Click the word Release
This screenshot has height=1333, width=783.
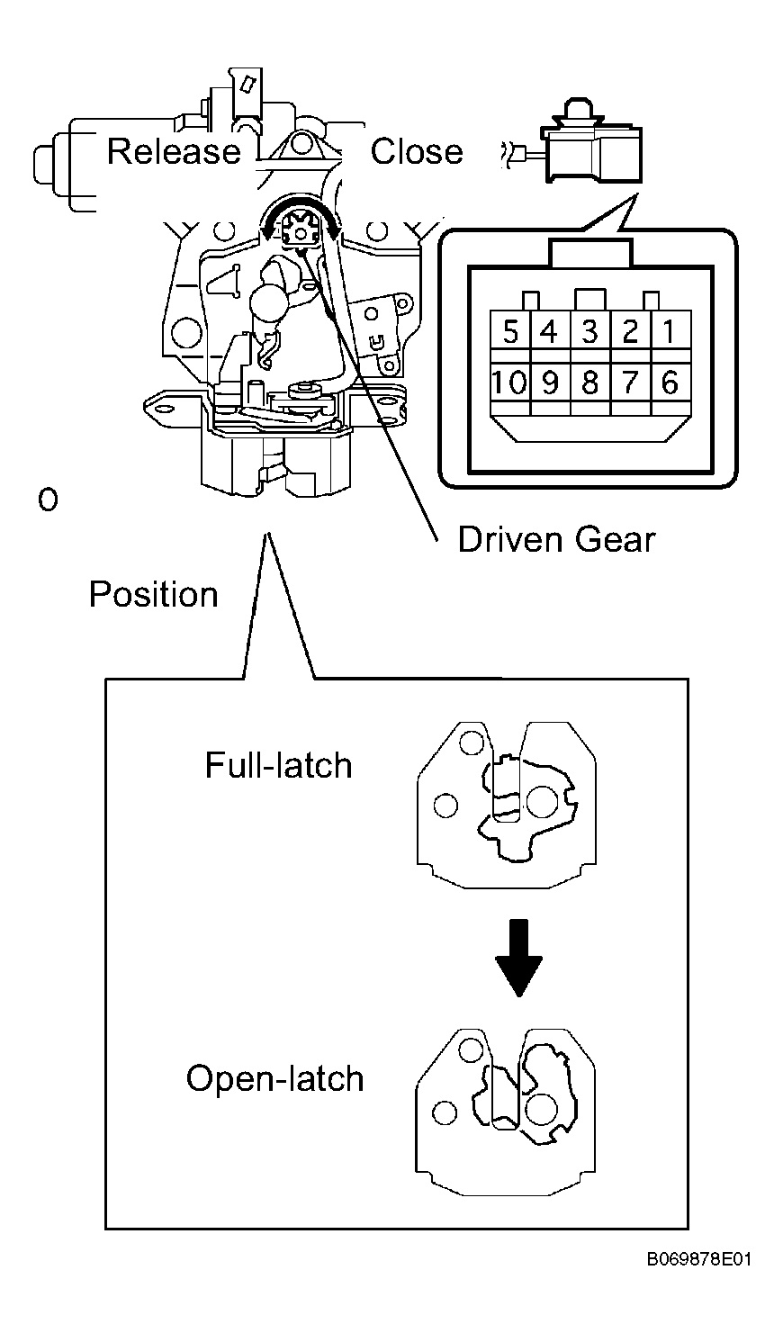tap(174, 151)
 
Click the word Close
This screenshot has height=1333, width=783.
tap(417, 151)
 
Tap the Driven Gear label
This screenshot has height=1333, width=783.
tap(556, 540)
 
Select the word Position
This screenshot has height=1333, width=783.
tap(154, 594)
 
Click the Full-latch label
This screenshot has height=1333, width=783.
tap(278, 765)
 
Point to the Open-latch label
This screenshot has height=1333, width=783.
tap(274, 1079)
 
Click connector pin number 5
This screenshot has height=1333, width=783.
tap(510, 331)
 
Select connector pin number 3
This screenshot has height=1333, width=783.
tap(590, 331)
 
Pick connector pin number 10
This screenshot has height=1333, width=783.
tap(510, 382)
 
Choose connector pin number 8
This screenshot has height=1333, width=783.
tap(590, 382)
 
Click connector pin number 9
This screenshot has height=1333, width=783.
tap(551, 382)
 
